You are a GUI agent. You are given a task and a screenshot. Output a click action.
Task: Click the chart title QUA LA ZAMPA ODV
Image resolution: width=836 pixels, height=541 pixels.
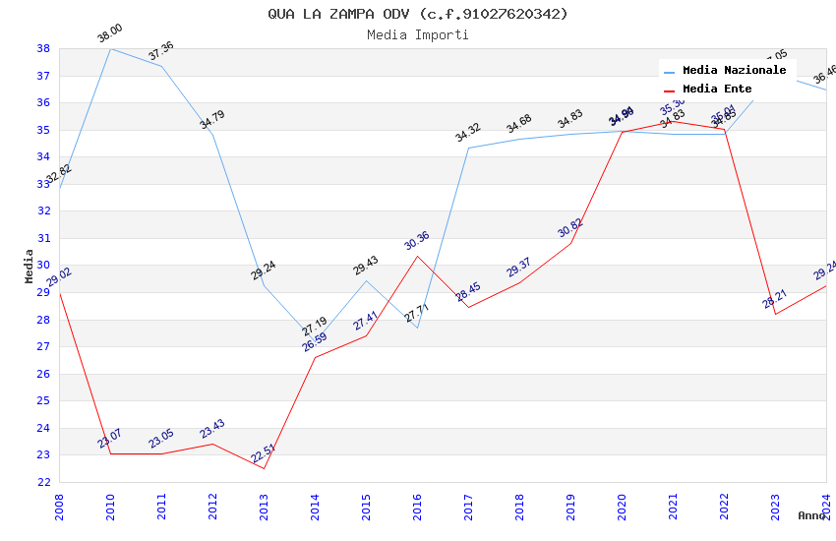point(418,14)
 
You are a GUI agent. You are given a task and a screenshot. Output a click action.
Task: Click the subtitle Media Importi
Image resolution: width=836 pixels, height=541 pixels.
point(418,34)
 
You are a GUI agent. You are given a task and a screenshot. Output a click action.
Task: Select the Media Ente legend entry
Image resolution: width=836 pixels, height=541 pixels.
point(717,90)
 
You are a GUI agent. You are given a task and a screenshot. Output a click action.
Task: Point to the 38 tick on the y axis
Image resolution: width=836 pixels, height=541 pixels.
point(43,48)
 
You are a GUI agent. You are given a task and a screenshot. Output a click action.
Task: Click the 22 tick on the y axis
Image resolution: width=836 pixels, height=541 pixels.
point(43,482)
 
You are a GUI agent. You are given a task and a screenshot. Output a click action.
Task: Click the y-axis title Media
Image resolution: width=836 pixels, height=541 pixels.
point(30,266)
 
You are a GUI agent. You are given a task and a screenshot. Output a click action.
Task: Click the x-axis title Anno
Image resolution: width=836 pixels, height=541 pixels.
point(811,515)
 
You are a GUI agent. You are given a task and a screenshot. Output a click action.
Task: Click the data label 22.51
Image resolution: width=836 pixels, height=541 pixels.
point(263,454)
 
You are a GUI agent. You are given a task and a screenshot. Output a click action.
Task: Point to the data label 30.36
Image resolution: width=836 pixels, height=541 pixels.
point(416,241)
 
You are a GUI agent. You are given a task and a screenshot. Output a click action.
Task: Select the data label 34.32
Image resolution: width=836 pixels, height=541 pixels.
point(467,133)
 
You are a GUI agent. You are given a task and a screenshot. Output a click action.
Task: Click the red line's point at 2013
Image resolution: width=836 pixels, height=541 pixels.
point(264,468)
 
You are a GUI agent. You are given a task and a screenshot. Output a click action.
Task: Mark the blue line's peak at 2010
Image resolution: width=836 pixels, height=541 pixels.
point(110,48)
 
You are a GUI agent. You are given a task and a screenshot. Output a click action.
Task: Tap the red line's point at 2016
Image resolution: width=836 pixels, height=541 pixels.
point(417,256)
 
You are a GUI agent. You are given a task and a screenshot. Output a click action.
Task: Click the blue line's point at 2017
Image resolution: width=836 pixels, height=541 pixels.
point(468,149)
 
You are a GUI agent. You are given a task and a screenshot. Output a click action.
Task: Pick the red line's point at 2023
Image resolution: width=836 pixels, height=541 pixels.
point(775,314)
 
